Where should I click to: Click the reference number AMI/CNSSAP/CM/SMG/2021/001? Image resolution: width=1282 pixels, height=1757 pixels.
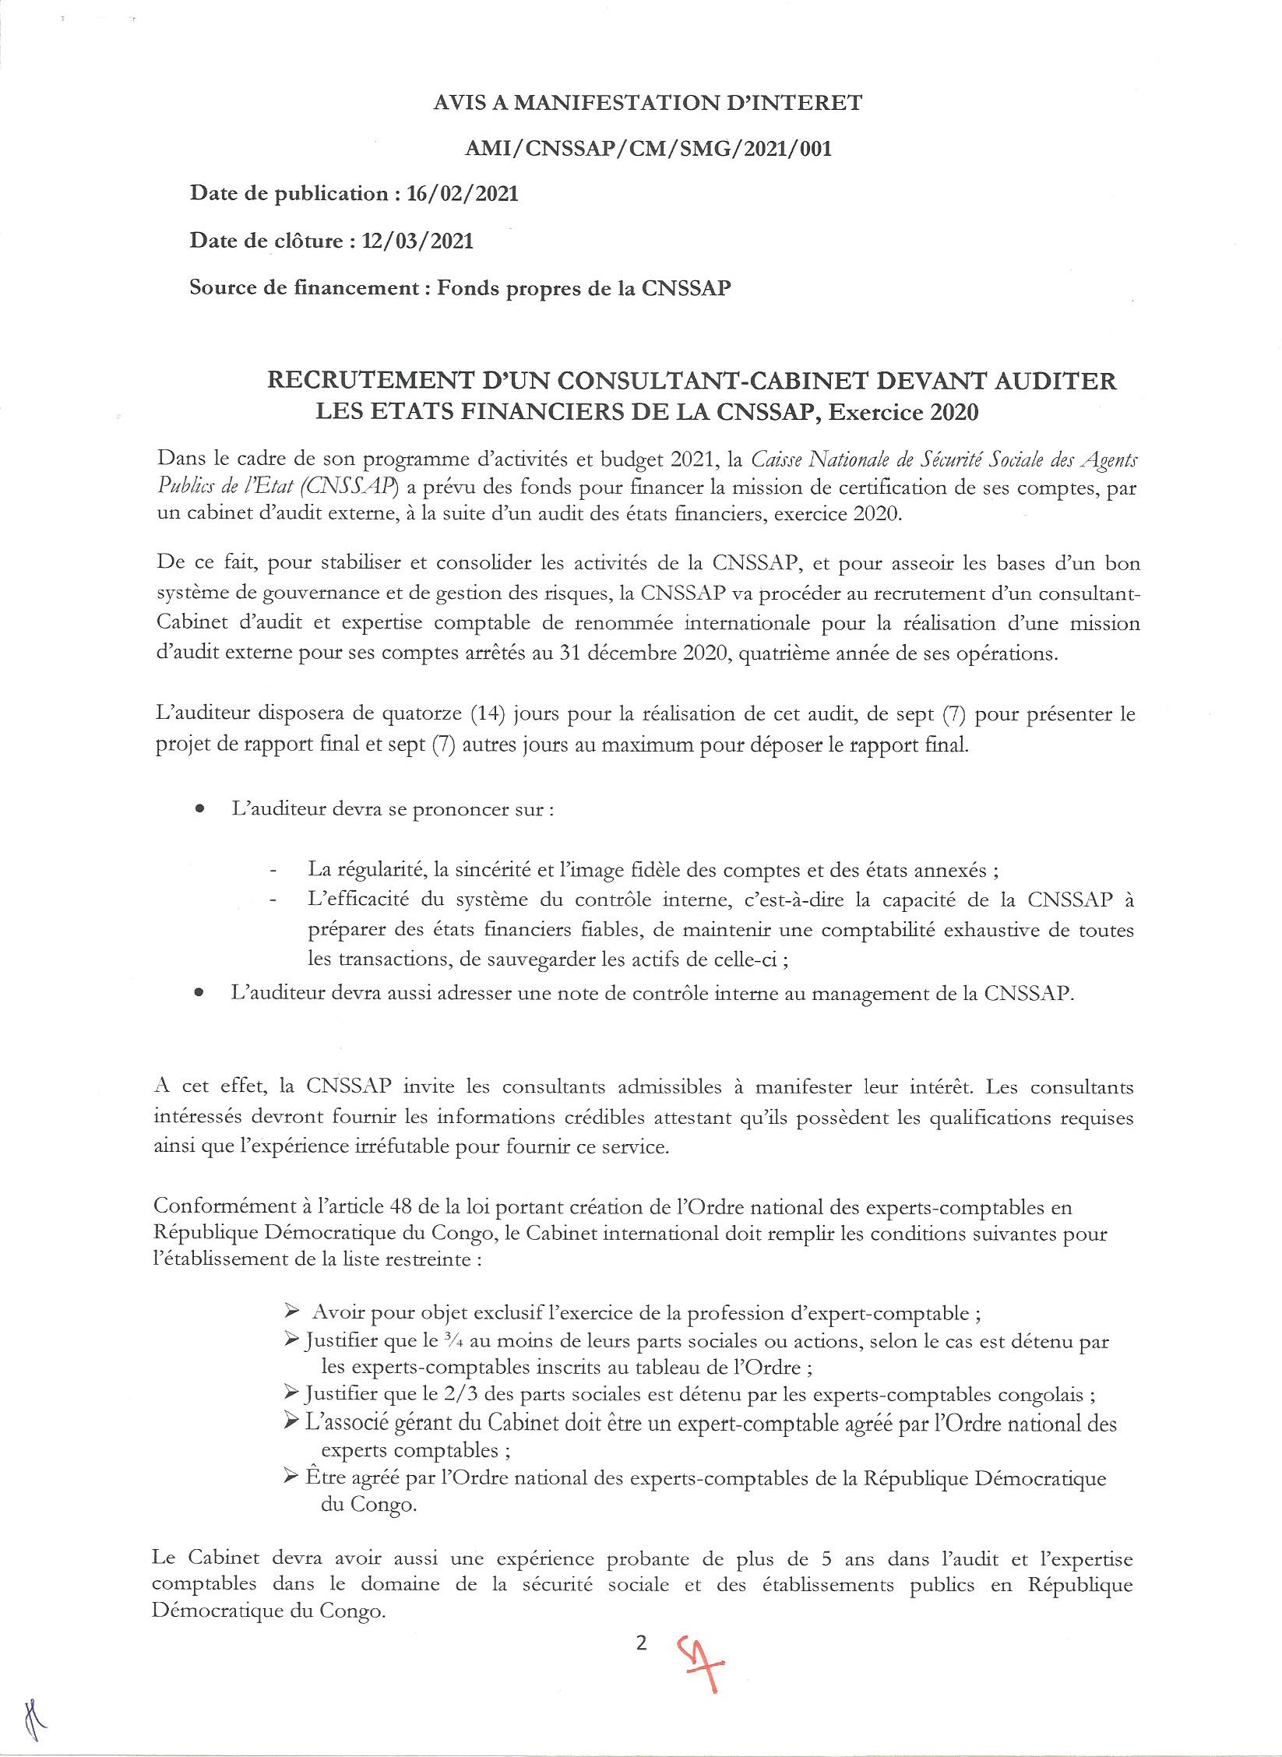pyautogui.click(x=647, y=148)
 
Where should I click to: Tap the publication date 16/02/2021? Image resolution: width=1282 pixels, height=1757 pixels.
pyautogui.click(x=462, y=195)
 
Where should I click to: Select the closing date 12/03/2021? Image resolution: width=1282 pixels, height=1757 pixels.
pyautogui.click(x=417, y=241)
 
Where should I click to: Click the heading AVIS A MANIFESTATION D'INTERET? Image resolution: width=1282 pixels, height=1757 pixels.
pyautogui.click(x=647, y=103)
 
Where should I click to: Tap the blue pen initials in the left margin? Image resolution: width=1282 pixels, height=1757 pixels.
pyautogui.click(x=33, y=1726)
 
